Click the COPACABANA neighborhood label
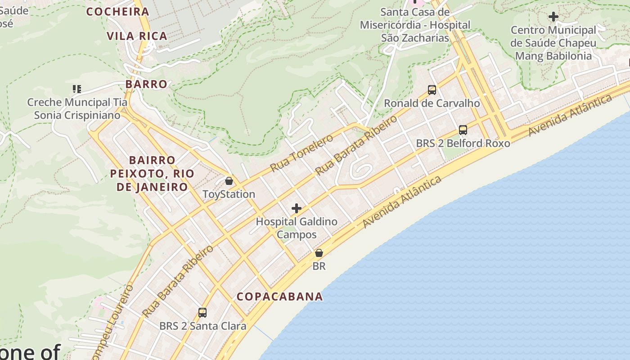click(279, 297)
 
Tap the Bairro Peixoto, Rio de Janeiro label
click(152, 174)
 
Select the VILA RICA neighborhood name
click(137, 36)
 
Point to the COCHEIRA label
click(117, 12)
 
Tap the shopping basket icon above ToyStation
click(229, 181)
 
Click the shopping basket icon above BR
click(319, 253)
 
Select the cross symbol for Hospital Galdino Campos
click(297, 208)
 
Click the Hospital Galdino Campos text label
click(297, 228)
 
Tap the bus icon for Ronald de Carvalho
click(432, 90)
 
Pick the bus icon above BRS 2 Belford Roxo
click(463, 130)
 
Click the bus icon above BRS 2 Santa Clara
click(202, 312)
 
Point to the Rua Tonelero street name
click(301, 153)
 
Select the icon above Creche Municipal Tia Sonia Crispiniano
click(77, 89)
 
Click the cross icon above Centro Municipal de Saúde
click(553, 17)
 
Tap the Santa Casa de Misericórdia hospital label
click(415, 25)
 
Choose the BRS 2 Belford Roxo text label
click(463, 144)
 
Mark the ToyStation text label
click(229, 194)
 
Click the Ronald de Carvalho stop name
click(432, 103)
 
